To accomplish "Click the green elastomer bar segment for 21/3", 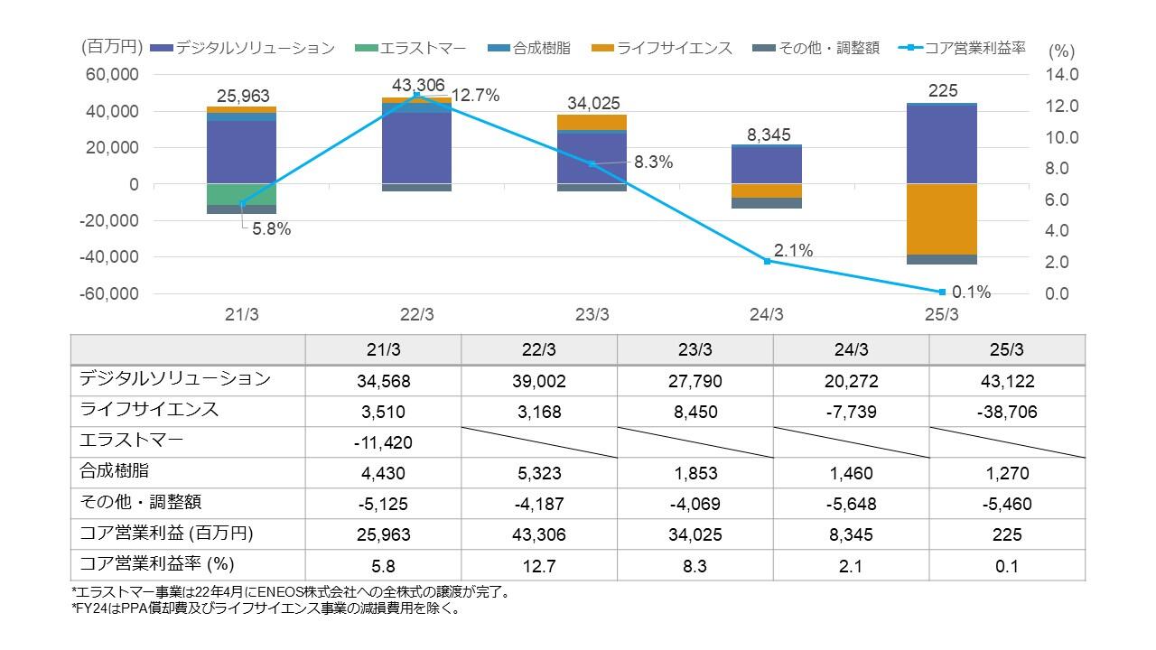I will point(241,194).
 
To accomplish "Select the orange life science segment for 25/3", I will point(942,219).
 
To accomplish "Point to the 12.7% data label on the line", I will point(475,96).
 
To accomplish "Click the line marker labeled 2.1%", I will point(767,261).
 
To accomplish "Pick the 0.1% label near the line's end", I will point(972,292).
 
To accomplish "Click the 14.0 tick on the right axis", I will point(1062,75).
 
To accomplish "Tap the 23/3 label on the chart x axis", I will point(592,315).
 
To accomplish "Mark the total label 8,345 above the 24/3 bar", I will point(769,135).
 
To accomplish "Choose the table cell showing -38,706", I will point(1006,412).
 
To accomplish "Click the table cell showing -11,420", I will point(383,442).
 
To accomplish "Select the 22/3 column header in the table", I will point(539,349).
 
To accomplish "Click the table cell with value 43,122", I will point(1006,381).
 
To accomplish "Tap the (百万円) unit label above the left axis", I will point(112,48).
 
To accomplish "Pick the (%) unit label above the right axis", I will point(1061,51).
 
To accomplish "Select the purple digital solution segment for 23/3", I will point(592,158).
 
